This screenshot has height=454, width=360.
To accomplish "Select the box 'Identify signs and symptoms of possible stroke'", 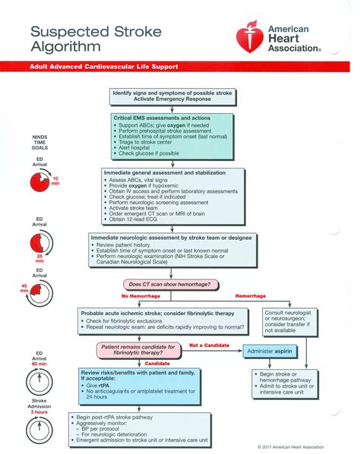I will pos(172,96).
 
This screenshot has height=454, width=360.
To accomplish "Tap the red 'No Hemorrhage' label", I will pos(139,295).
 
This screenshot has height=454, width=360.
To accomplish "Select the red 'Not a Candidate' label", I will pos(209,345).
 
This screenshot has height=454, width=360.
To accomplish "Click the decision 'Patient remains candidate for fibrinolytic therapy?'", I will pos(139,350).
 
